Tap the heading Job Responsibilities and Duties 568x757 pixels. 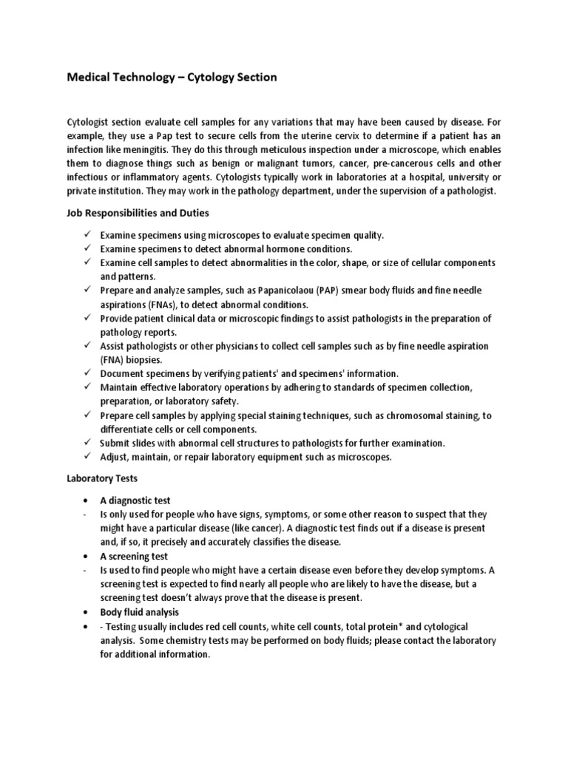(x=138, y=213)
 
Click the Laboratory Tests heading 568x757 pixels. (x=98, y=478)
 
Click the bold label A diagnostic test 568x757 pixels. (x=135, y=500)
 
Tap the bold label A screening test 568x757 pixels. (x=134, y=556)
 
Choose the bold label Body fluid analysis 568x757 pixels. (x=139, y=612)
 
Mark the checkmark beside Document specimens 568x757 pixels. (x=87, y=373)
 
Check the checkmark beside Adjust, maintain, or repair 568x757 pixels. (x=87, y=457)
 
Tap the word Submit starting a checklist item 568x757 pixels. (x=117, y=444)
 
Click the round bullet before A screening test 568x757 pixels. (x=87, y=556)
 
